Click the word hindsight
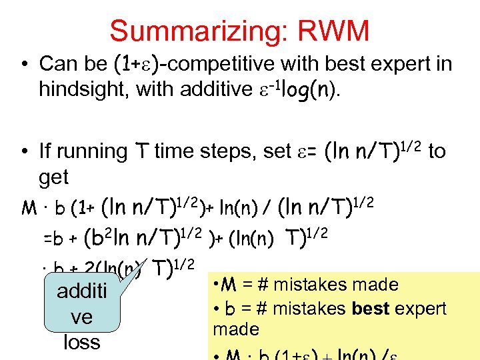tap(83, 89)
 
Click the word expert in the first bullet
tap(389, 64)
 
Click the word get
tap(53, 177)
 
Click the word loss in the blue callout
tap(81, 342)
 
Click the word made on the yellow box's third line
tap(235, 329)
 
